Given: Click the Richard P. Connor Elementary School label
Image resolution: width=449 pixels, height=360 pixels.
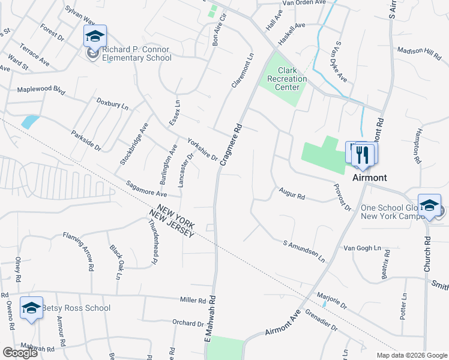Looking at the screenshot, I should click(x=137, y=54).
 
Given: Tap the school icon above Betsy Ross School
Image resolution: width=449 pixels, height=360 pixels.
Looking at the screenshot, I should click(x=31, y=308).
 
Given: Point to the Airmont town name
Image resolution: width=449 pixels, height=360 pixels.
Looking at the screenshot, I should click(x=369, y=178).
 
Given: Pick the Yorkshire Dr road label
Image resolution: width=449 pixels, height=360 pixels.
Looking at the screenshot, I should click(x=202, y=149).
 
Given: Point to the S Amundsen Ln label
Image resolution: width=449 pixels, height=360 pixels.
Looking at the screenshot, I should click(x=303, y=251).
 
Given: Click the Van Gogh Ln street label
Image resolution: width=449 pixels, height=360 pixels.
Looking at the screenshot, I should click(x=362, y=248).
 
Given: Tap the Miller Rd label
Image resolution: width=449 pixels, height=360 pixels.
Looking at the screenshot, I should click(x=193, y=299).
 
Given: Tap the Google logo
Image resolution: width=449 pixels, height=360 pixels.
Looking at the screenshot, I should click(x=19, y=353).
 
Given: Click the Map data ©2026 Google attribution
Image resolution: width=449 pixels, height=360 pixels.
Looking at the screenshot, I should click(x=411, y=355).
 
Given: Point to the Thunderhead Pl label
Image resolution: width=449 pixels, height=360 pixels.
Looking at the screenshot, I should click(x=152, y=241).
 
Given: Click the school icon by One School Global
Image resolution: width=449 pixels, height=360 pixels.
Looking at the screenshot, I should click(x=429, y=205).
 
